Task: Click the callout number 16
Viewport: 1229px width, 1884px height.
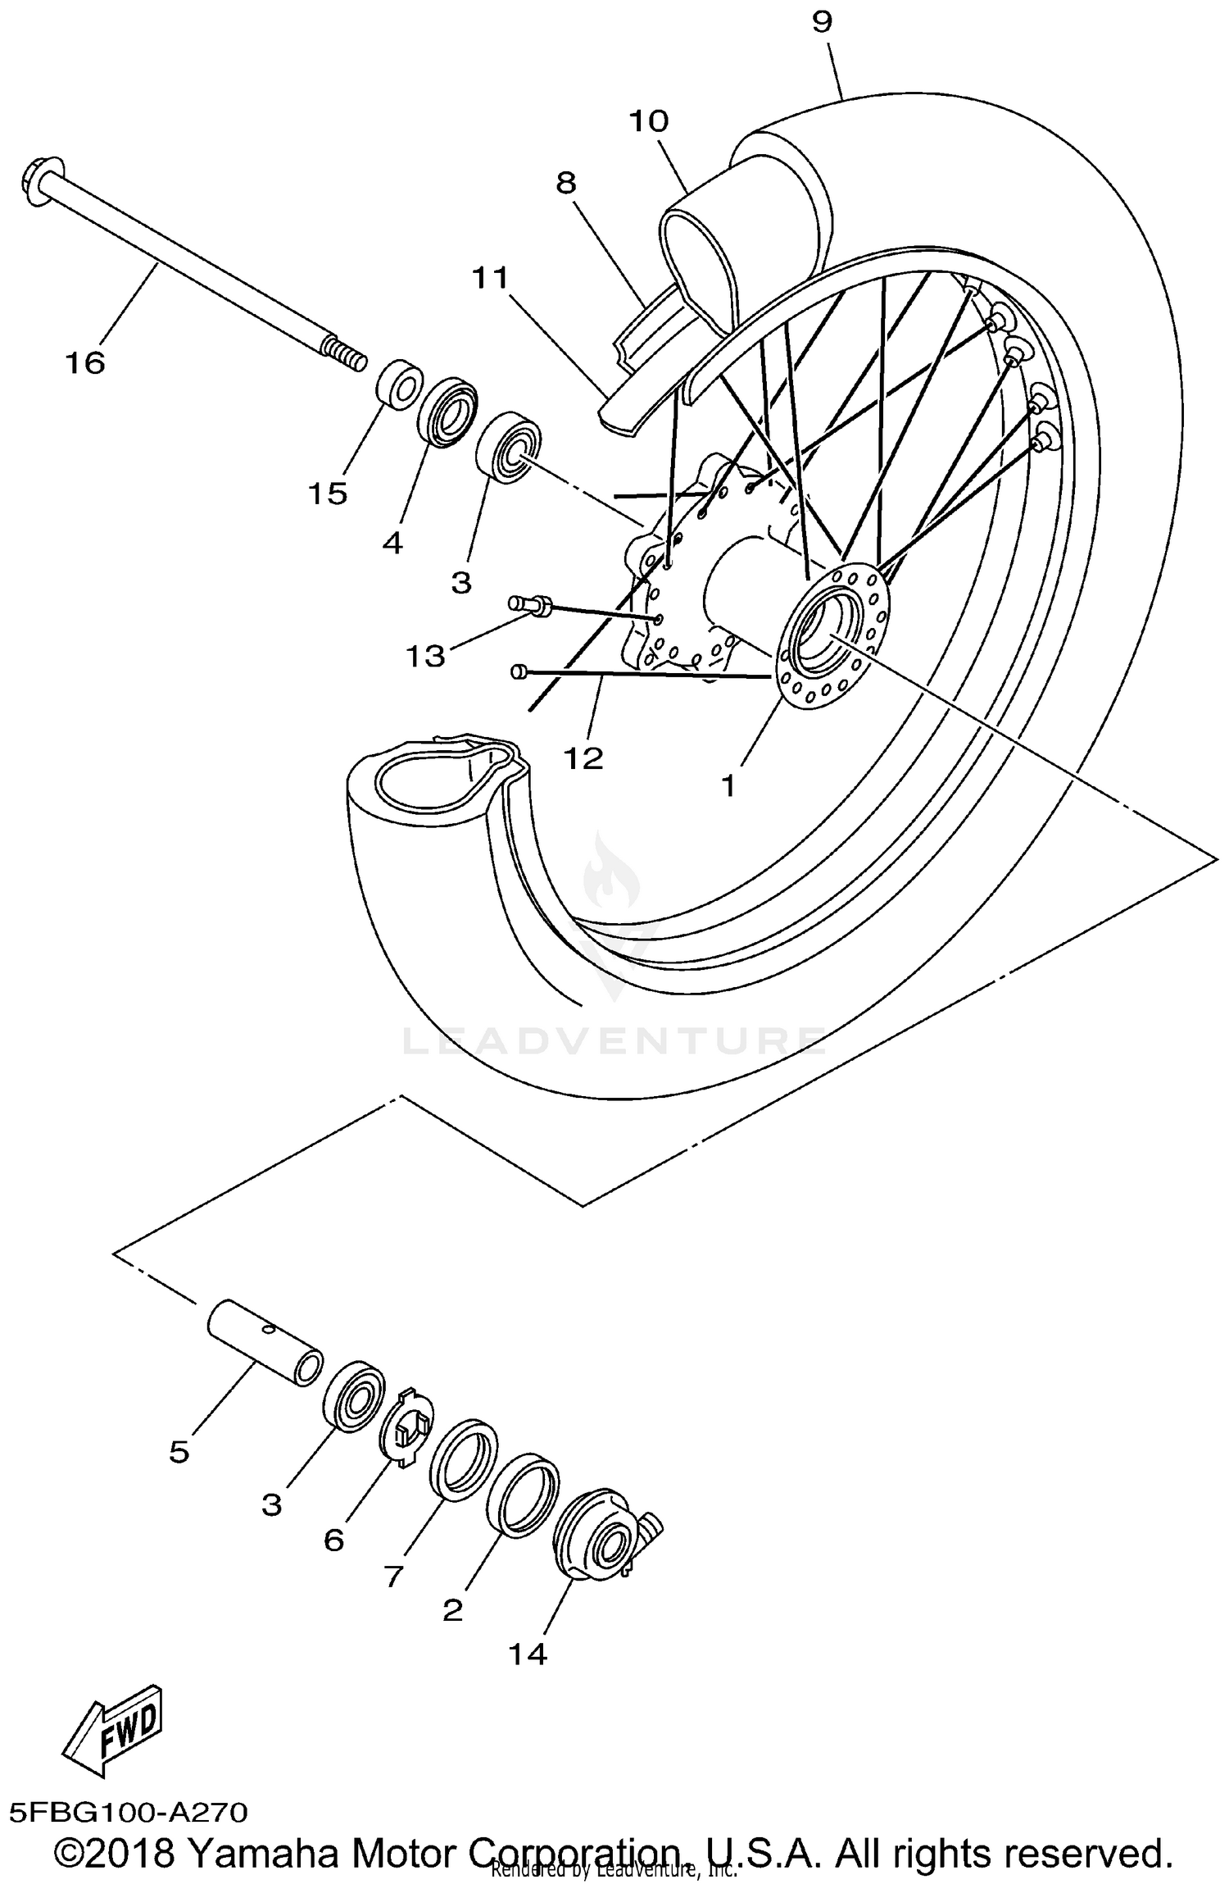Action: point(85,362)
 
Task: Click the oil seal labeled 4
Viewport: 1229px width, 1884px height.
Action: point(447,411)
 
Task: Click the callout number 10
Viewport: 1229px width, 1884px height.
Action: point(649,121)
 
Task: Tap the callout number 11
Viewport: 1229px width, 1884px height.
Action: point(490,279)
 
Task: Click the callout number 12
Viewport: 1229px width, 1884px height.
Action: point(583,758)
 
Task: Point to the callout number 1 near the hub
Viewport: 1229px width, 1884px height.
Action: point(728,786)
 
